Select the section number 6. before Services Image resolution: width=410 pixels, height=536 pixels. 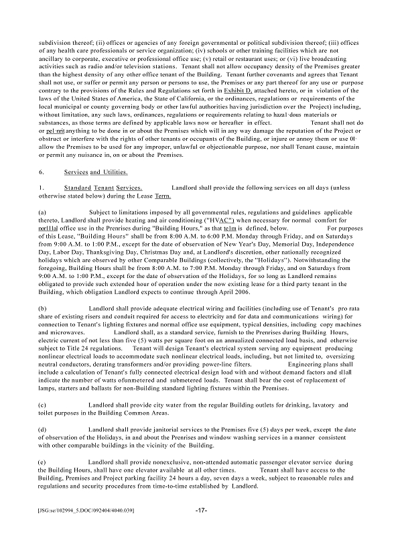[42, 172]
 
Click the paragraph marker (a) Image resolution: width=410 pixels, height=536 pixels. [43, 212]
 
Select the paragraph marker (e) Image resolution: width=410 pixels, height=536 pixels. [43, 462]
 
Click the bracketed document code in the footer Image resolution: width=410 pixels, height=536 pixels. [87, 511]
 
